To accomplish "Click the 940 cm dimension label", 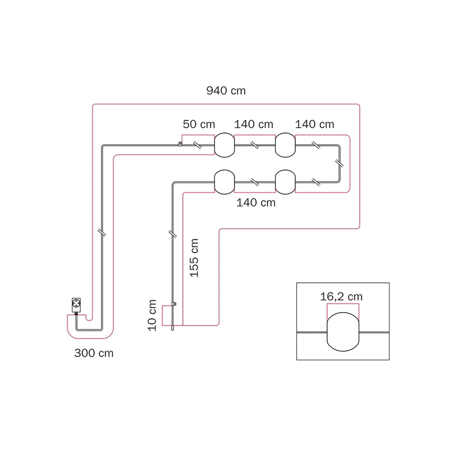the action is pos(226,91).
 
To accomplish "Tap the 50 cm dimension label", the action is pos(199,124).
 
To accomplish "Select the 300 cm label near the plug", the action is pos(94,353).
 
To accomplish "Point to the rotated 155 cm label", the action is pos(194,258).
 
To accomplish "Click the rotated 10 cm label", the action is pos(152,315).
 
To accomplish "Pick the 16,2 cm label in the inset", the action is pos(341,297).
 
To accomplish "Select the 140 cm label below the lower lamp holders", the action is pos(256,203).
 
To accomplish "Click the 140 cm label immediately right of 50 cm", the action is pos(254,124).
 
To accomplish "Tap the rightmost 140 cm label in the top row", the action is pos(314,124).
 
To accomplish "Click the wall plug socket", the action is pos(76,305).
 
